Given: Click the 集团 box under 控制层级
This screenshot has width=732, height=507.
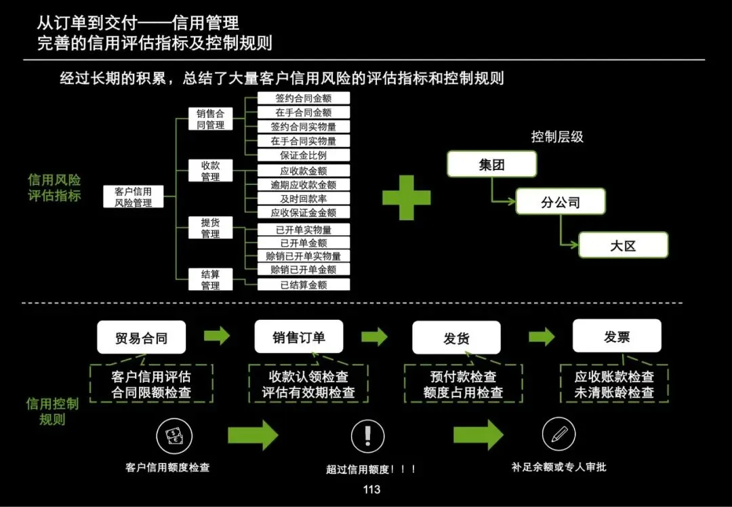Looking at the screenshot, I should tap(491, 165).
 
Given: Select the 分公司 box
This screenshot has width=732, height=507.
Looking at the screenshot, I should tap(560, 202).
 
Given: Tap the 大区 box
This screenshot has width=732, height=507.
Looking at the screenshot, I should tap(623, 245).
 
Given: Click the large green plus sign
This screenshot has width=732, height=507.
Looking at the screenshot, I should tap(406, 197).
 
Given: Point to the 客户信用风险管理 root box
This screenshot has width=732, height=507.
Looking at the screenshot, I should tap(133, 197).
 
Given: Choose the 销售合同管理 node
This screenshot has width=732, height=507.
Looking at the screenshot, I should tap(210, 119).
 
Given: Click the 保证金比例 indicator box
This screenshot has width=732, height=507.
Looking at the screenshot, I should tap(304, 155).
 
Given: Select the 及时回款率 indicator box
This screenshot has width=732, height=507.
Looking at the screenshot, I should tap(304, 199).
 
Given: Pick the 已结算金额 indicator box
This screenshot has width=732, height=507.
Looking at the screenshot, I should tap(304, 285).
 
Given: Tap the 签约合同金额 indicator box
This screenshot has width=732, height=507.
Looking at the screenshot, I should tap(304, 98).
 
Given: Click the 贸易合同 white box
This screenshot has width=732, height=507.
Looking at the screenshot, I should tap(141, 338).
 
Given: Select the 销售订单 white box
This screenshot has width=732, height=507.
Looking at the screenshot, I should tap(299, 337).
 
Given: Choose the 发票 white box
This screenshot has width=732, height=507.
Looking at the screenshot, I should tap(617, 336).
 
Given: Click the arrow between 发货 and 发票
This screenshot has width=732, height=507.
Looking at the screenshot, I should tap(542, 337).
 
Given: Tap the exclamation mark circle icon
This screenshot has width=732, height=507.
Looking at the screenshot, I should tap(368, 435).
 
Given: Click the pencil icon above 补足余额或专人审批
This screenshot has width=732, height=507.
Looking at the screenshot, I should tap(558, 434).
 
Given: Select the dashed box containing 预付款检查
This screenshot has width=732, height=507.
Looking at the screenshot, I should tap(463, 384).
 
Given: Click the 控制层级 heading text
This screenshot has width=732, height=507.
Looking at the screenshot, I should tap(557, 137).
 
